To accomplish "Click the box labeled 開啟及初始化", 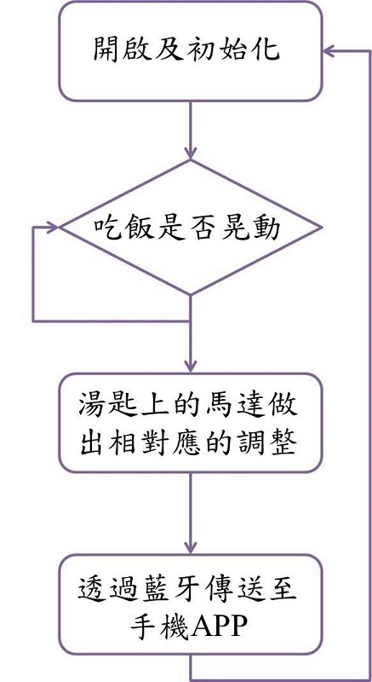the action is [x=191, y=51].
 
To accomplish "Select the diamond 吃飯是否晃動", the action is [x=191, y=227].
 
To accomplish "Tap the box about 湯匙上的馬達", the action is [x=191, y=423].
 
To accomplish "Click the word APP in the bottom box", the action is [x=219, y=627].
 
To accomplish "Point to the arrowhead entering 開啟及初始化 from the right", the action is [x=329, y=51].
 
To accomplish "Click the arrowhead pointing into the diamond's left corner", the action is [x=53, y=227].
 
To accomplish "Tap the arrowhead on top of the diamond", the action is [x=191, y=153].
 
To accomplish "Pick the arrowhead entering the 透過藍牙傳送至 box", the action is [x=191, y=547].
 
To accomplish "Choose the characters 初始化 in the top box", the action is [x=239, y=49].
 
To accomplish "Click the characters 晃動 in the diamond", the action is [x=255, y=228].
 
